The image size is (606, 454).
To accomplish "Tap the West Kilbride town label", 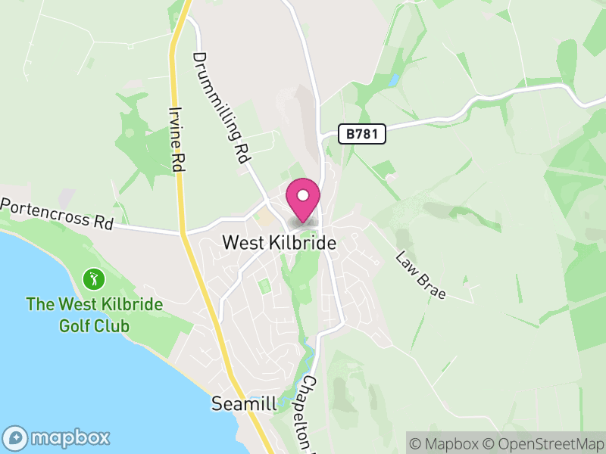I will [279, 242].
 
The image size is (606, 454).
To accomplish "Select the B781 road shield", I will [361, 134].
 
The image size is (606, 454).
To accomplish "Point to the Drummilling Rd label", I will [222, 108].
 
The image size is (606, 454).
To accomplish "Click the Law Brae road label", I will [420, 273].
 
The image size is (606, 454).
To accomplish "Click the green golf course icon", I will [93, 278].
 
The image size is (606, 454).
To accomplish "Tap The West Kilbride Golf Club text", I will [95, 315].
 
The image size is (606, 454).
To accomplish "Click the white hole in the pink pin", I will [303, 195].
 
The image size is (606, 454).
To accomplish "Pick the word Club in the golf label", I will [113, 326].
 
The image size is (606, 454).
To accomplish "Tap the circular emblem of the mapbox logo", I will [16, 437].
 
